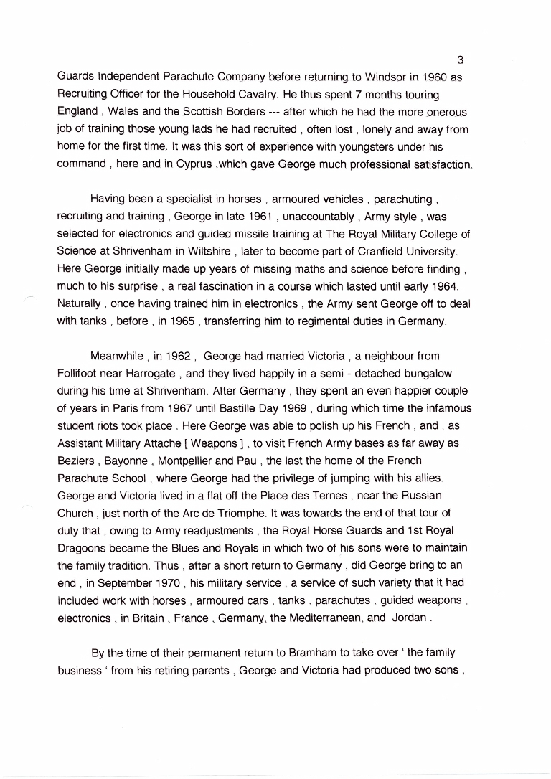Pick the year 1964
445,286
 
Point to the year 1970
166,582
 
